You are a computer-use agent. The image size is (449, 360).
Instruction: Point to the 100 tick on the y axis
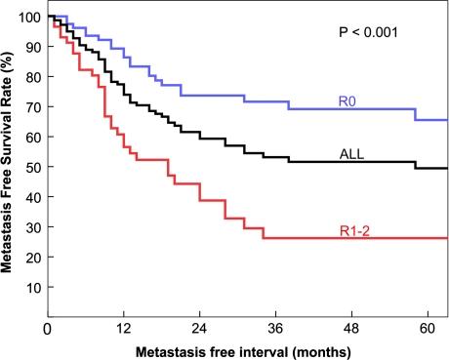click(29, 18)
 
